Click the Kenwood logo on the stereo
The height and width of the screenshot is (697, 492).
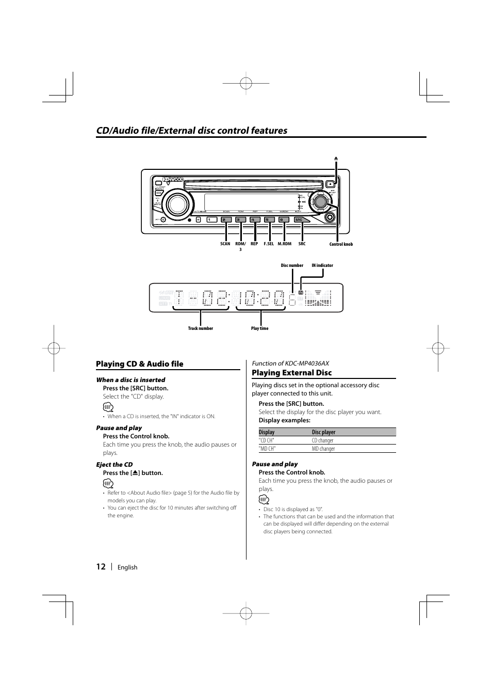[x=173, y=180]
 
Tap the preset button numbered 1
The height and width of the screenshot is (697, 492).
[x=211, y=219]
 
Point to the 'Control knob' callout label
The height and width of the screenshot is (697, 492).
[x=341, y=244]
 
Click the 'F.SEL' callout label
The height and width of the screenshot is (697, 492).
[x=269, y=244]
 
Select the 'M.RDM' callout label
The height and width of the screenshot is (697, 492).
[x=284, y=244]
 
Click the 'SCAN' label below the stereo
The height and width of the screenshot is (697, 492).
[x=225, y=244]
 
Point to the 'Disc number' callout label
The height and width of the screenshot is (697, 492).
[x=292, y=265]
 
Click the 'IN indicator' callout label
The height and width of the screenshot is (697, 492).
[x=322, y=265]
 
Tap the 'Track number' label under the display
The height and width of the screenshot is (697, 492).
[x=200, y=328]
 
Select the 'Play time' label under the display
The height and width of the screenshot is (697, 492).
[x=259, y=328]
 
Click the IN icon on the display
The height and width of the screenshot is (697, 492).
[x=301, y=292]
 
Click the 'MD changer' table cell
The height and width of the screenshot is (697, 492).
[x=323, y=449]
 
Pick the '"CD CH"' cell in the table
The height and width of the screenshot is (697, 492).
[x=267, y=440]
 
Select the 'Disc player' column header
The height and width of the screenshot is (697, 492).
[x=323, y=432]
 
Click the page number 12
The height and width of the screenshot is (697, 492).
[x=101, y=566]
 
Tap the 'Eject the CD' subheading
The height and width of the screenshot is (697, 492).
[x=114, y=464]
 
